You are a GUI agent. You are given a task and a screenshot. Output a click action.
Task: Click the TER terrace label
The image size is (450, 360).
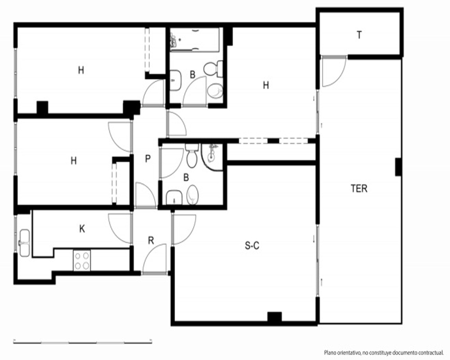(359, 189)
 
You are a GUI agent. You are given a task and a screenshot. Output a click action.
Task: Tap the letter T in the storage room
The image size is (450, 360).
(359, 35)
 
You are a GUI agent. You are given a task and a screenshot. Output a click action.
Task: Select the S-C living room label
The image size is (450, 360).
(252, 246)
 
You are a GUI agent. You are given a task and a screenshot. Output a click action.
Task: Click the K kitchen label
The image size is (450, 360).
(82, 229)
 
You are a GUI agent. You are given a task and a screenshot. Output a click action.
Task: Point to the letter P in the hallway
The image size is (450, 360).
(148, 158)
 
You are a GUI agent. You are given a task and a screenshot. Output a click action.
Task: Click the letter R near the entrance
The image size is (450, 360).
(151, 241)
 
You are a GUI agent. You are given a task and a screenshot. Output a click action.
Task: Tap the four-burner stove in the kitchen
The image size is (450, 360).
(82, 261)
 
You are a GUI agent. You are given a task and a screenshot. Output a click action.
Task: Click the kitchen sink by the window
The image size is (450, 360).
(24, 243)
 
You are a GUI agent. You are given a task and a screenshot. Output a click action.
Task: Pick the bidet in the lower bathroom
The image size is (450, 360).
(193, 195)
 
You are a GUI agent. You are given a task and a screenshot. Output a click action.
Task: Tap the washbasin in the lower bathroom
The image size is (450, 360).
(175, 198)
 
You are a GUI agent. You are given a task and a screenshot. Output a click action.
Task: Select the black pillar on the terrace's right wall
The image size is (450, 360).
(398, 167)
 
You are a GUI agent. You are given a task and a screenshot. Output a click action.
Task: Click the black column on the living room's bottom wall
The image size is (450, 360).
(274, 317)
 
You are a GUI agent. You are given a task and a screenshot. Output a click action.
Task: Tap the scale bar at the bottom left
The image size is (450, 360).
(83, 342)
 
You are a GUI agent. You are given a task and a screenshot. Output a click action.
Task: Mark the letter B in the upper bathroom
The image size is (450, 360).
(193, 75)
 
